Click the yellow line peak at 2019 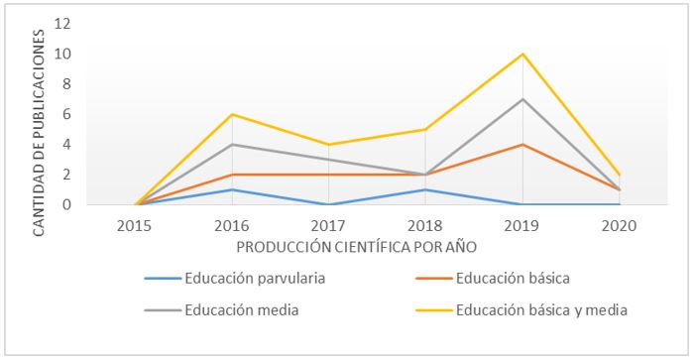click(x=521, y=54)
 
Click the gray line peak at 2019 click(x=521, y=99)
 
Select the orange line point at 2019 click(x=521, y=145)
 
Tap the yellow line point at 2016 click(x=232, y=114)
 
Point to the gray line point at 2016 click(x=232, y=145)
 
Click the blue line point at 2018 click(x=425, y=189)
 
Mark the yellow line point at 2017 click(x=328, y=145)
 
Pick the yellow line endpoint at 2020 click(x=619, y=175)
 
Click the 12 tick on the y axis click(x=63, y=23)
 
